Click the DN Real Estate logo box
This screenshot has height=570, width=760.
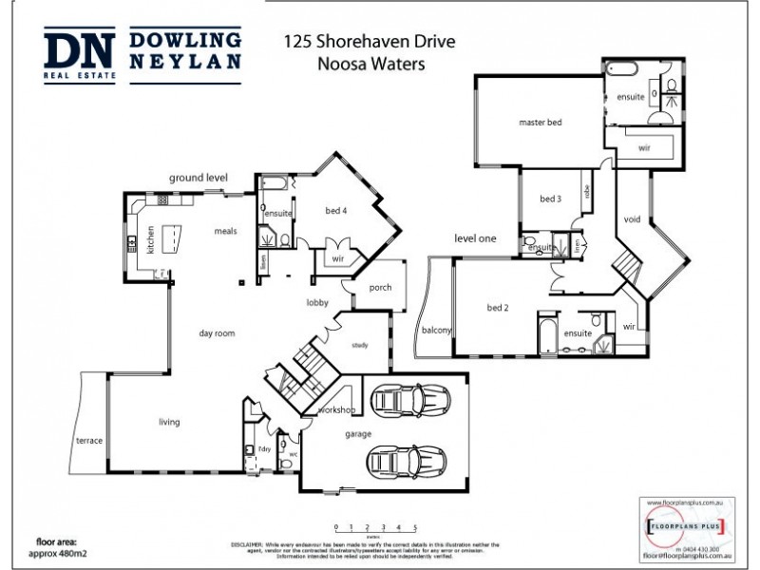coord(80,56)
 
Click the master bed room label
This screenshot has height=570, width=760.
coord(541,123)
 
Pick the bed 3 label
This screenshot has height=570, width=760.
coord(551,199)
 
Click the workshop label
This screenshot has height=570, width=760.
coord(337,409)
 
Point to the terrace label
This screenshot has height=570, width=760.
coord(89,441)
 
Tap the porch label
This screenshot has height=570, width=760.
coord(380,287)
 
